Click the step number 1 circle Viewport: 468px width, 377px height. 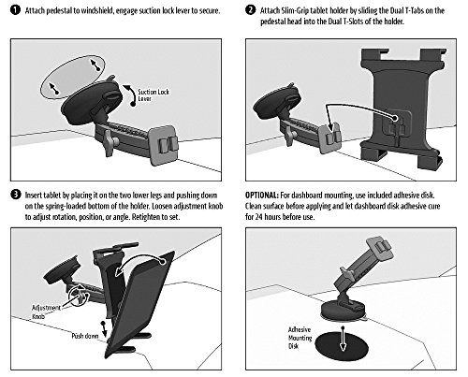click(15, 10)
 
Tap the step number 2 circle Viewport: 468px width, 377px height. click(250, 10)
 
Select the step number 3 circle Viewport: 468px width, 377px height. click(15, 195)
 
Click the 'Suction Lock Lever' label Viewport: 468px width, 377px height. click(154, 95)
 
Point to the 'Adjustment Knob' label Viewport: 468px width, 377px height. click(46, 312)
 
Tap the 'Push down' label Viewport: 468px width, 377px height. click(85, 336)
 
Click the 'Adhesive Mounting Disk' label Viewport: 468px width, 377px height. click(300, 338)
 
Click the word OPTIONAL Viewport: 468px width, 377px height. click(261, 196)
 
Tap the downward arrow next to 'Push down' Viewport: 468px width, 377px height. click(104, 328)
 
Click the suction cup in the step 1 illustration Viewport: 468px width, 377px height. click(91, 99)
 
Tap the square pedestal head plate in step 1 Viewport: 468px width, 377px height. click(164, 144)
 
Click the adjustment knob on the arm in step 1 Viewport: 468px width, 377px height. click(110, 142)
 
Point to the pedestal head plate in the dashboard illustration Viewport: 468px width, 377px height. click(379, 250)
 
